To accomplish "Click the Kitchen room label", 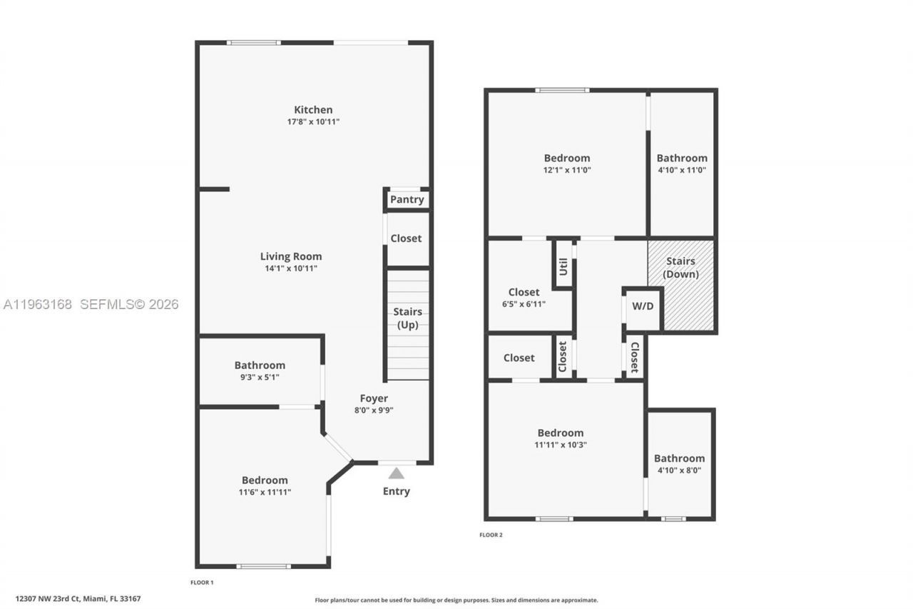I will tap(313, 110).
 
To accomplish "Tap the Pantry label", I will tap(407, 200).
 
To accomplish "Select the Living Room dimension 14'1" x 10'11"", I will tap(290, 268).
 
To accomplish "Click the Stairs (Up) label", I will tap(407, 318).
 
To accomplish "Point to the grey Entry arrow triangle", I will tap(397, 473).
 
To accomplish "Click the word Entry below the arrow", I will tap(397, 491).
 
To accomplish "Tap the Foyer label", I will tap(374, 398).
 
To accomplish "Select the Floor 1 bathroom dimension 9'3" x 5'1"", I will tap(260, 377).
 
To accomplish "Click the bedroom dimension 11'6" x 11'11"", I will tap(265, 492).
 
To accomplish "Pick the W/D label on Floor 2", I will tap(643, 306).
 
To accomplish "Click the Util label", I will tap(563, 266).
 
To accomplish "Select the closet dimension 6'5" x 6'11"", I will tap(524, 304).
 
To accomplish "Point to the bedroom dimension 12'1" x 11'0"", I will tap(567, 170).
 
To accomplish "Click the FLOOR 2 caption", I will tap(491, 535).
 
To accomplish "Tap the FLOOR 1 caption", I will tap(202, 583).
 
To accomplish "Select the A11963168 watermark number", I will tap(38, 304).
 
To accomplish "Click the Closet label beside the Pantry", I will tap(406, 238).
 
